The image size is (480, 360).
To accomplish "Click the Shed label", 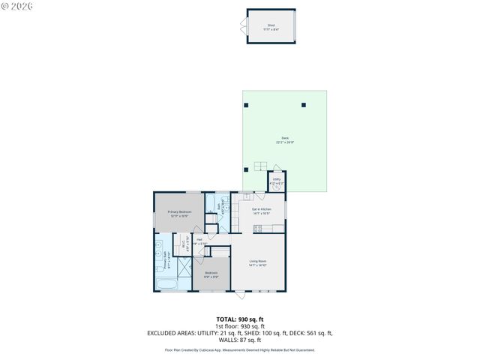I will (271, 26).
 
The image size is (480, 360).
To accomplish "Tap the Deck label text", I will (285, 139).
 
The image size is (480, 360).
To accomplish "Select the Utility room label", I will (276, 181).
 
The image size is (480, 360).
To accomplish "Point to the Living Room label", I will (258, 262).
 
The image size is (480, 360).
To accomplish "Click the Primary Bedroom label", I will (179, 214).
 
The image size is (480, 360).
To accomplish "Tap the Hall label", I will (200, 241).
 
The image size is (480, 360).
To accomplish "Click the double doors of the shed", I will (243, 27).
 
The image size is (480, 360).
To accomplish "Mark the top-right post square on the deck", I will (304, 104).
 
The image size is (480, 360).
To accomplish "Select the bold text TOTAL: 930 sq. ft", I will (240, 319).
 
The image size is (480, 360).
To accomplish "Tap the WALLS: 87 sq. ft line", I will (240, 340).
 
